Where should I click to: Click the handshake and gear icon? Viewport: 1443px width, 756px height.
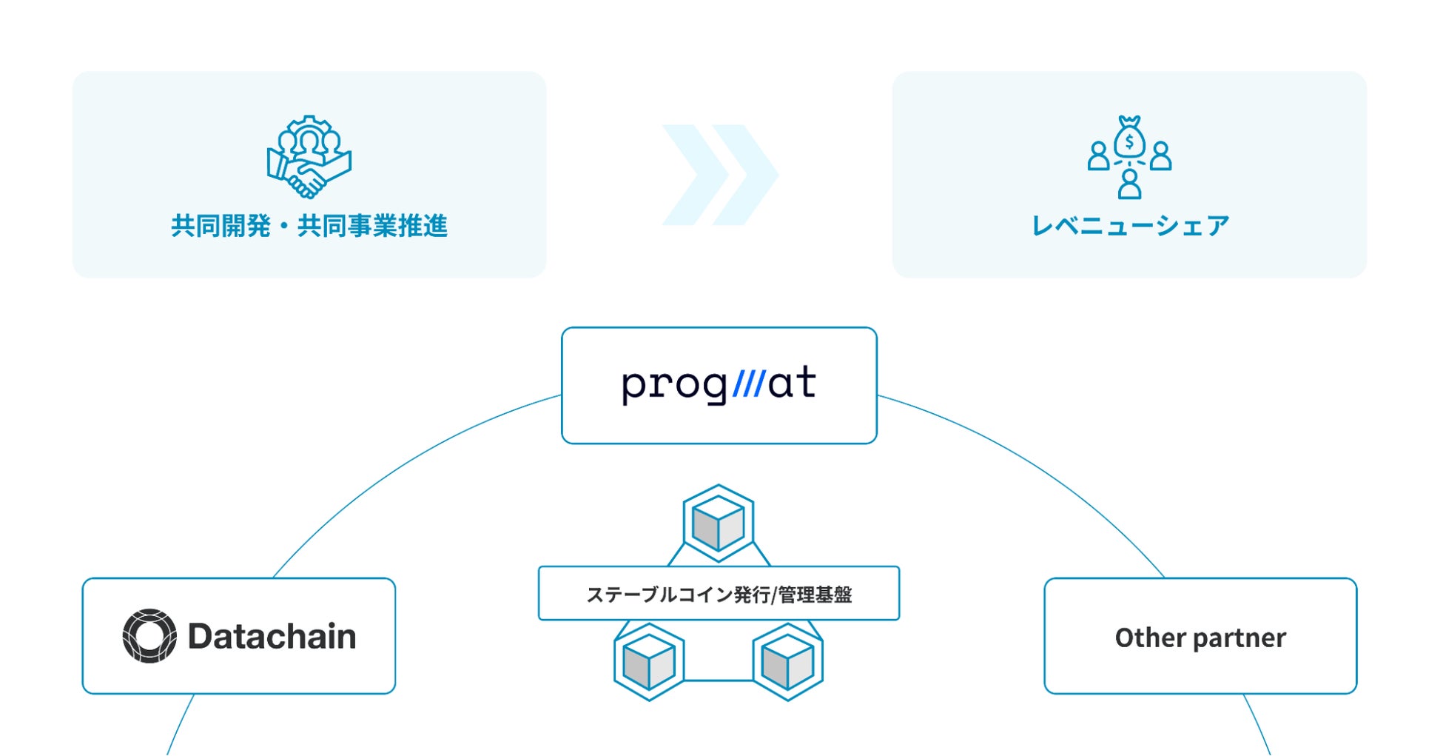[309, 157]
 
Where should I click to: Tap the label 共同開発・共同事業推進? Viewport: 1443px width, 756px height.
[309, 226]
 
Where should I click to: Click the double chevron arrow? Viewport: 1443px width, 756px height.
[719, 175]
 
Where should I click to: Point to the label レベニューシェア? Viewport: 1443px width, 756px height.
[1130, 226]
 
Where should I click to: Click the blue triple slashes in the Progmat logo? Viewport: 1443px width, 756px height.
[748, 384]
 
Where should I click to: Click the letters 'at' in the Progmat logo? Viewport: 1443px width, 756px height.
[792, 383]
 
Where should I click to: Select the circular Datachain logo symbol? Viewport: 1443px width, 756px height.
[149, 636]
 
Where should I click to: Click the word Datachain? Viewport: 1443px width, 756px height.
[272, 636]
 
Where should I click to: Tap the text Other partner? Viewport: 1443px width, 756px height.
[1200, 638]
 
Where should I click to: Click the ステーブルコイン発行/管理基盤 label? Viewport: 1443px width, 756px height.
[719, 594]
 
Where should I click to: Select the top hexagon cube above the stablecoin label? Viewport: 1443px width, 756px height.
[718, 523]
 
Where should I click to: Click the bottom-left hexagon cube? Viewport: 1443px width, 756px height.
[649, 662]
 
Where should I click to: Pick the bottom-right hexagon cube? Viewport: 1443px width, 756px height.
[787, 662]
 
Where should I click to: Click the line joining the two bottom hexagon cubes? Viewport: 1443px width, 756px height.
[718, 680]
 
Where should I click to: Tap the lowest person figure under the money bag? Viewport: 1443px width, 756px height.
[1129, 184]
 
